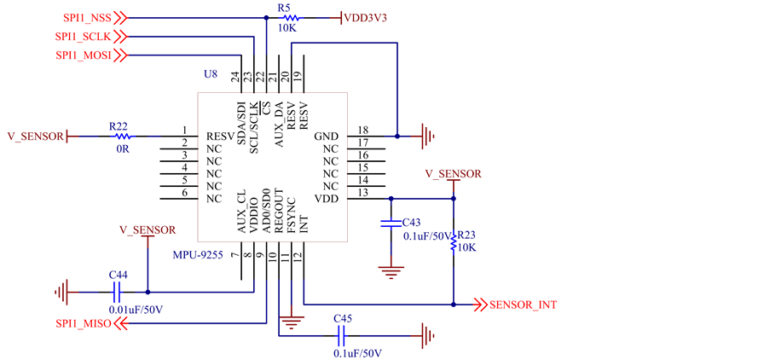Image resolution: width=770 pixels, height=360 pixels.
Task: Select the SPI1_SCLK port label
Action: (x=83, y=37)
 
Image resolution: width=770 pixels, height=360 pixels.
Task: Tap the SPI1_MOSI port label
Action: (x=84, y=55)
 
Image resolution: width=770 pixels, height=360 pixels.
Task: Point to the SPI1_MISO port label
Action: (x=84, y=323)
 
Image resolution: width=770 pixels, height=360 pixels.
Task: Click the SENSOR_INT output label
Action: (x=523, y=305)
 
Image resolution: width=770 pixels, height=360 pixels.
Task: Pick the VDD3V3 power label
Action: (x=365, y=19)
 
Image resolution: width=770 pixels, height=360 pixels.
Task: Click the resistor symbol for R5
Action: (x=291, y=19)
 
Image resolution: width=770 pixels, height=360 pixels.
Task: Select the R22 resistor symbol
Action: (x=122, y=136)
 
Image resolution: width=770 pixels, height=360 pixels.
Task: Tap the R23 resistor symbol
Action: (x=454, y=242)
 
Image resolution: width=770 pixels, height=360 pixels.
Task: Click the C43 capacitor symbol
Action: (x=391, y=224)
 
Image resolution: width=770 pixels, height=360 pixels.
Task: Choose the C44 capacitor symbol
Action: (x=116, y=293)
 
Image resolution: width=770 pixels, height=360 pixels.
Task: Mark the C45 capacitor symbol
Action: (x=342, y=336)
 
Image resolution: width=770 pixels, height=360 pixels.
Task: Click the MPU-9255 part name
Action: (x=198, y=255)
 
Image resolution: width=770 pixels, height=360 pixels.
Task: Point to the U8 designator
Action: (x=210, y=74)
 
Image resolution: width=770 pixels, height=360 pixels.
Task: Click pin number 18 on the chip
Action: (x=363, y=131)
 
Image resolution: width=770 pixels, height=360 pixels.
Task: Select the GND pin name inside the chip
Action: (x=326, y=136)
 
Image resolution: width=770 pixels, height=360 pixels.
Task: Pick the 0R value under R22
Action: (x=123, y=149)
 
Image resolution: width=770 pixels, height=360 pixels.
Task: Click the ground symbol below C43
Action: (x=391, y=271)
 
